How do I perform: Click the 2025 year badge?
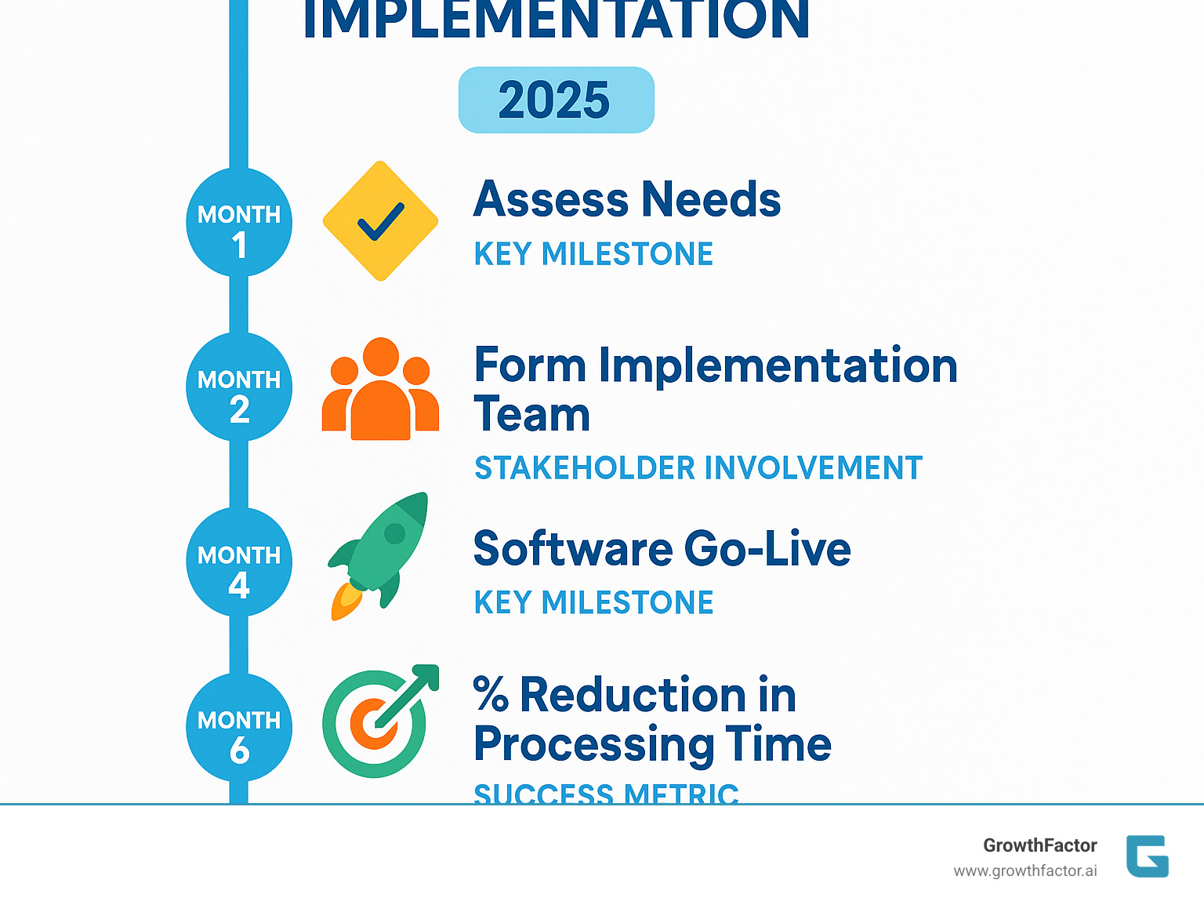pos(556,100)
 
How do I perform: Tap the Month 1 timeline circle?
pos(239,223)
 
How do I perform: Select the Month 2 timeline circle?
pos(239,387)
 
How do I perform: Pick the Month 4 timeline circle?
pos(239,563)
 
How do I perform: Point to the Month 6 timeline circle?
pos(239,728)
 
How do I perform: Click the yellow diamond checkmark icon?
pos(380,221)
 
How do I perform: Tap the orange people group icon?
pos(380,390)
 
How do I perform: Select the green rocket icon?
pos(380,553)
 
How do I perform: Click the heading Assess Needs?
pos(627,199)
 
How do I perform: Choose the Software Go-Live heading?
pos(662,548)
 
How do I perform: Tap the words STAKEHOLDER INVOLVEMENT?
pos(698,468)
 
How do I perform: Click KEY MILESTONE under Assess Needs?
pos(593,254)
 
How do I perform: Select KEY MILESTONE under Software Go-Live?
pos(593,603)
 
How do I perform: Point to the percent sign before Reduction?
pos(491,695)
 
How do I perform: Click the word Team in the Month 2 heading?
pos(531,414)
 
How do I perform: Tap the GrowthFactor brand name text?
pos(1039,845)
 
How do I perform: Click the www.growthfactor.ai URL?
pos(1024,871)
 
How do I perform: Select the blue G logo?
pos(1147,856)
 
